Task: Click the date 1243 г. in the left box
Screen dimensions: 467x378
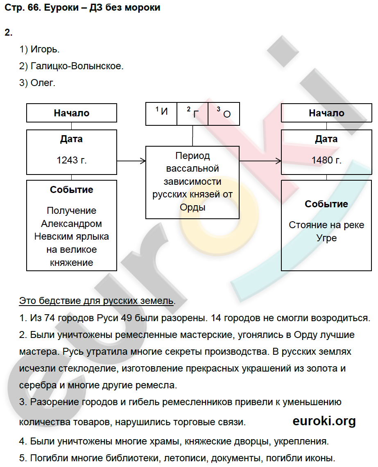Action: pos(72,160)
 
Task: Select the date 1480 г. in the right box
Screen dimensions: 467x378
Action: pos(326,160)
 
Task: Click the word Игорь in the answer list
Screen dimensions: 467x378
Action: pos(45,50)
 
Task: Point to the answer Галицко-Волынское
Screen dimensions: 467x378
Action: pos(76,66)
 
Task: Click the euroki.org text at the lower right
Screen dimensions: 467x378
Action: pos(324,421)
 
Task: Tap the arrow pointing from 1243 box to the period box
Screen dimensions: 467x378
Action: pos(131,161)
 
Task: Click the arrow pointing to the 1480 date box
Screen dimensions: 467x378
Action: pos(260,161)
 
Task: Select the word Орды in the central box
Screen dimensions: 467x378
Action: pos(192,207)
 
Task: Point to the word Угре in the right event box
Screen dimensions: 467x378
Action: pos(326,238)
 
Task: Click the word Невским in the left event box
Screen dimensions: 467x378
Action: pos(54,236)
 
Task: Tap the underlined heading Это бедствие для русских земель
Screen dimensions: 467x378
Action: pos(97,301)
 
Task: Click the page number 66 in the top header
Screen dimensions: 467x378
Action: pos(34,7)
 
